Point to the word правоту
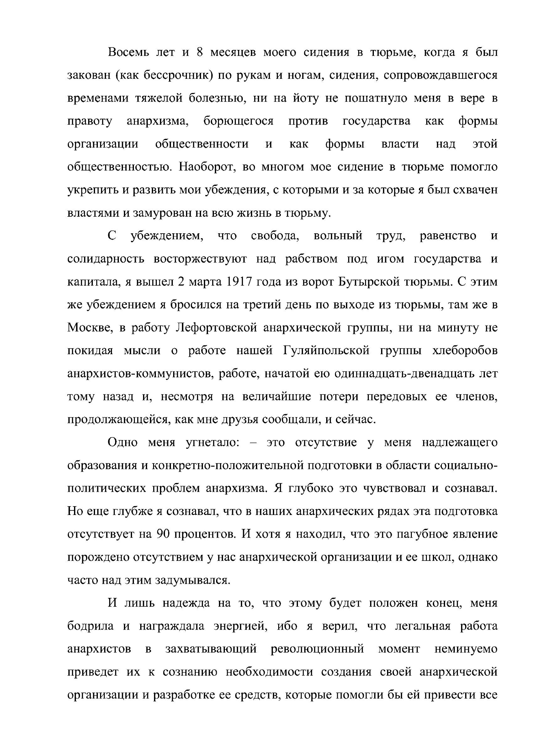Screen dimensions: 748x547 pos(90,121)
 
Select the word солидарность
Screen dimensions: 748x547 pos(106,258)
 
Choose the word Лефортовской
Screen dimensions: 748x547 pos(216,328)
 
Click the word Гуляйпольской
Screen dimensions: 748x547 pos(326,350)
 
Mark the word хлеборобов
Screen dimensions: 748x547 pos(465,350)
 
